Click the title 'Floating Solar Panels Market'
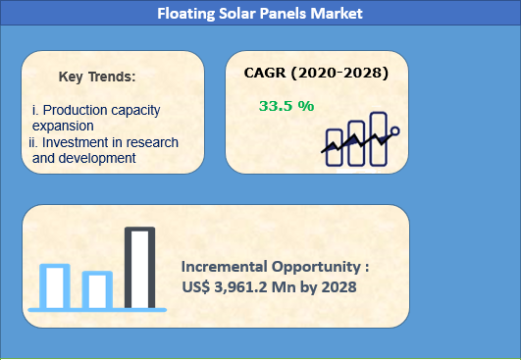click(x=260, y=14)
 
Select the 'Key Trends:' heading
click(x=97, y=76)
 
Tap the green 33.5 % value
click(x=287, y=106)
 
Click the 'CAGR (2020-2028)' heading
click(x=316, y=73)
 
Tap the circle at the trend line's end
click(x=394, y=130)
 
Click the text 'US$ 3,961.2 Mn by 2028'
click(x=268, y=286)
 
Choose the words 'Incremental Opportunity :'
click(x=276, y=266)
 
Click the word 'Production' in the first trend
click(x=77, y=110)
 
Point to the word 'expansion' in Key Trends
click(x=63, y=126)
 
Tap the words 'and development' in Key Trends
click(x=83, y=158)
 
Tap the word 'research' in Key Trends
click(x=153, y=142)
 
